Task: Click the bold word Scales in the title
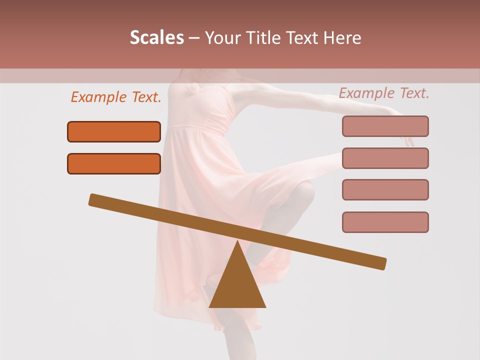(x=157, y=38)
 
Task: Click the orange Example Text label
(x=116, y=97)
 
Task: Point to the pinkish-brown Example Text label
(x=384, y=93)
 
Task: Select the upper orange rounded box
(x=114, y=131)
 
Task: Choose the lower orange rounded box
(x=114, y=163)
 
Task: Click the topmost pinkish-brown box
(x=385, y=126)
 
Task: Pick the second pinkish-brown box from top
(x=385, y=158)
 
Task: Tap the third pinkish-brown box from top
(x=385, y=189)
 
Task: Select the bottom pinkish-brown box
(x=385, y=222)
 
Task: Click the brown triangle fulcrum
(x=237, y=285)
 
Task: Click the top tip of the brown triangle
(x=237, y=243)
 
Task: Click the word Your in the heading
(x=223, y=38)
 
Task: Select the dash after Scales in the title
(x=194, y=38)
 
